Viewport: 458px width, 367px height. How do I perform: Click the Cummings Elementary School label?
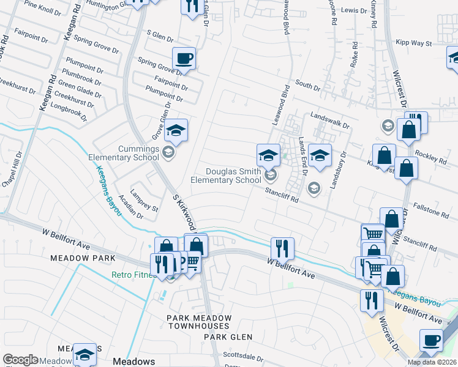click(124, 153)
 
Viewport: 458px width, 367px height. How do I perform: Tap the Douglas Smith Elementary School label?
click(226, 176)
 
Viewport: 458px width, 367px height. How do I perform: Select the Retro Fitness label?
click(132, 275)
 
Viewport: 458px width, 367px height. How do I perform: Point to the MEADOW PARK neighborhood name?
click(88, 259)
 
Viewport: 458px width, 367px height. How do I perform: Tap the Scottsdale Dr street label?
click(242, 356)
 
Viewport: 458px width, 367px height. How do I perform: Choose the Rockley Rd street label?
click(431, 157)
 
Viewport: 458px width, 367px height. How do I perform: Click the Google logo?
click(20, 360)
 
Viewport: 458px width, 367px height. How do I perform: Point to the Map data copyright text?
click(432, 362)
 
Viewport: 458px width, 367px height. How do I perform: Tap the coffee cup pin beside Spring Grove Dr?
click(184, 59)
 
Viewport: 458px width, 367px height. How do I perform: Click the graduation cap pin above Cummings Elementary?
click(176, 130)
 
